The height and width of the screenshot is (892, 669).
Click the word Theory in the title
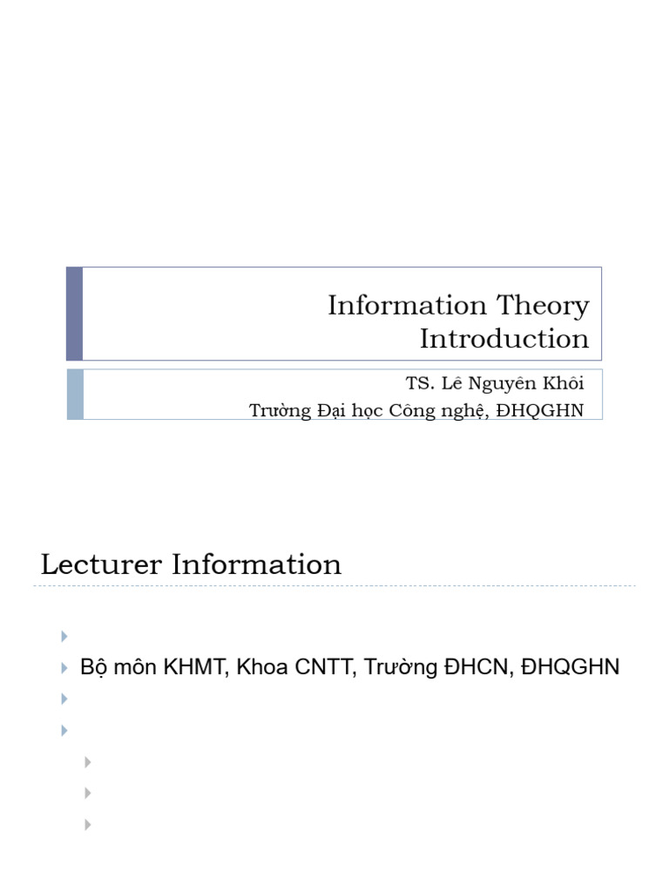pos(543,306)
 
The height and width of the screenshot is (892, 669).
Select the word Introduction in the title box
pos(504,339)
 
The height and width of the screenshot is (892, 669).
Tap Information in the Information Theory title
pos(407,305)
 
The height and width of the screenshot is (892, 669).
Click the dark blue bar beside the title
pos(75,314)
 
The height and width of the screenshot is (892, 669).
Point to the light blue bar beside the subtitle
pos(75,395)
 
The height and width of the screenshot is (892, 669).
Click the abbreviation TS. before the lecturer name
pos(420,383)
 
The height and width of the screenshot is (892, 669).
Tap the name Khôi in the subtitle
pos(564,383)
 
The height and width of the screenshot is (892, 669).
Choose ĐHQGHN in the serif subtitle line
pos(540,411)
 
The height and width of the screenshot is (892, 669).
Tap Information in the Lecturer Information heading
pos(257,564)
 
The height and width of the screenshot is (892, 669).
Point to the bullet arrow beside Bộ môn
pos(64,668)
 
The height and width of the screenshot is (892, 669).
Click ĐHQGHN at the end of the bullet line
pos(570,666)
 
